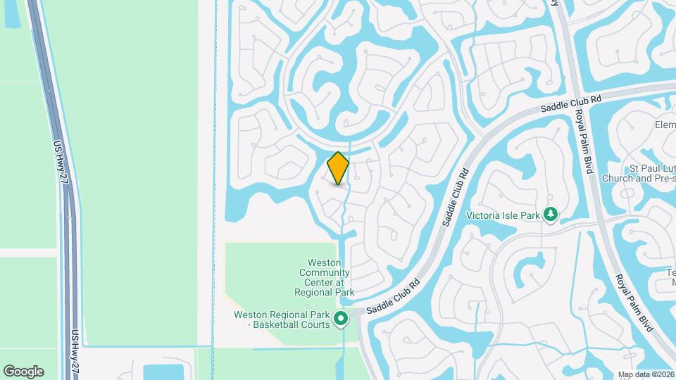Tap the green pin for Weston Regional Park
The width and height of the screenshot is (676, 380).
pos(341,319)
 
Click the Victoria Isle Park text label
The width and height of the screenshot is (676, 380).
pos(504,214)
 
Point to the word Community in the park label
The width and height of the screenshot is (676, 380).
pos(325,272)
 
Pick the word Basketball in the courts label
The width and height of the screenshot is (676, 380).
pos(283,324)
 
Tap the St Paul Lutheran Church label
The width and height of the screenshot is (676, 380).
pos(638,173)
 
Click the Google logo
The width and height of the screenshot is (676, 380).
pos(23,371)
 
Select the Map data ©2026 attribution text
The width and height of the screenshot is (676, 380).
pos(646,374)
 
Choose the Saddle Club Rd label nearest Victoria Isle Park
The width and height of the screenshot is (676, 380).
pos(454,196)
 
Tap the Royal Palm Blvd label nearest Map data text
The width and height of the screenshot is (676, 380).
pos(634,303)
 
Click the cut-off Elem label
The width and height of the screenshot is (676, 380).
pos(665,125)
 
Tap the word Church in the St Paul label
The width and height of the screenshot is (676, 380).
pos(620,178)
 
